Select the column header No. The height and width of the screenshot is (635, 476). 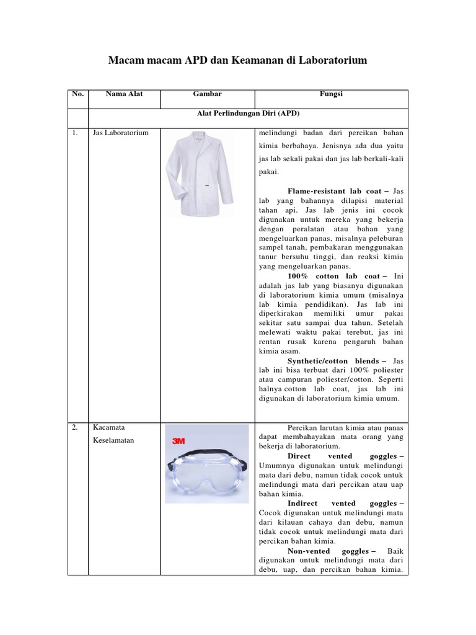point(77,94)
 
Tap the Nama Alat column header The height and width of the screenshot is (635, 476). point(124,94)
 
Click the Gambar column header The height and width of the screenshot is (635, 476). point(207,94)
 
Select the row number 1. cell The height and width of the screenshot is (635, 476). point(75,133)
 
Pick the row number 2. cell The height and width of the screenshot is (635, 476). point(75,428)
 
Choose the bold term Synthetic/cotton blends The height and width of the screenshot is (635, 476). point(337,360)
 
